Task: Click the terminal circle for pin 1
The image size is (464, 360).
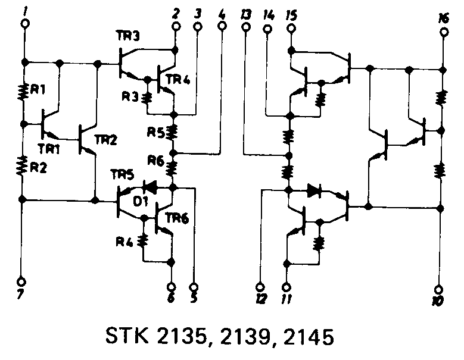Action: click(26, 24)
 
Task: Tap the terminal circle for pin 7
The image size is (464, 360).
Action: click(21, 281)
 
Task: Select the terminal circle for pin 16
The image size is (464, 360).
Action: click(443, 32)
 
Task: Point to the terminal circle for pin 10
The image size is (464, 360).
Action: click(439, 290)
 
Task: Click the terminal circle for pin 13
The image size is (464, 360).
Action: click(245, 27)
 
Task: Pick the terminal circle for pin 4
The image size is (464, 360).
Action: click(222, 26)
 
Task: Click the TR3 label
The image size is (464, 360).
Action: click(128, 36)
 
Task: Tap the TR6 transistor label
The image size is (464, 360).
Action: click(177, 218)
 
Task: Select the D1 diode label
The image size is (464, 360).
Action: click(140, 201)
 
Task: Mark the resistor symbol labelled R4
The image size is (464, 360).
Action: click(144, 241)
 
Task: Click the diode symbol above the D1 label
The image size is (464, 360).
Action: click(150, 187)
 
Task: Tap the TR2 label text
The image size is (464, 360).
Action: click(105, 139)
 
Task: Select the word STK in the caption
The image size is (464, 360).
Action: click(127, 336)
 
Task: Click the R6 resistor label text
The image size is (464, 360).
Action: click(155, 161)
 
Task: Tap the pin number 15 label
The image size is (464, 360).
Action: click(291, 15)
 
